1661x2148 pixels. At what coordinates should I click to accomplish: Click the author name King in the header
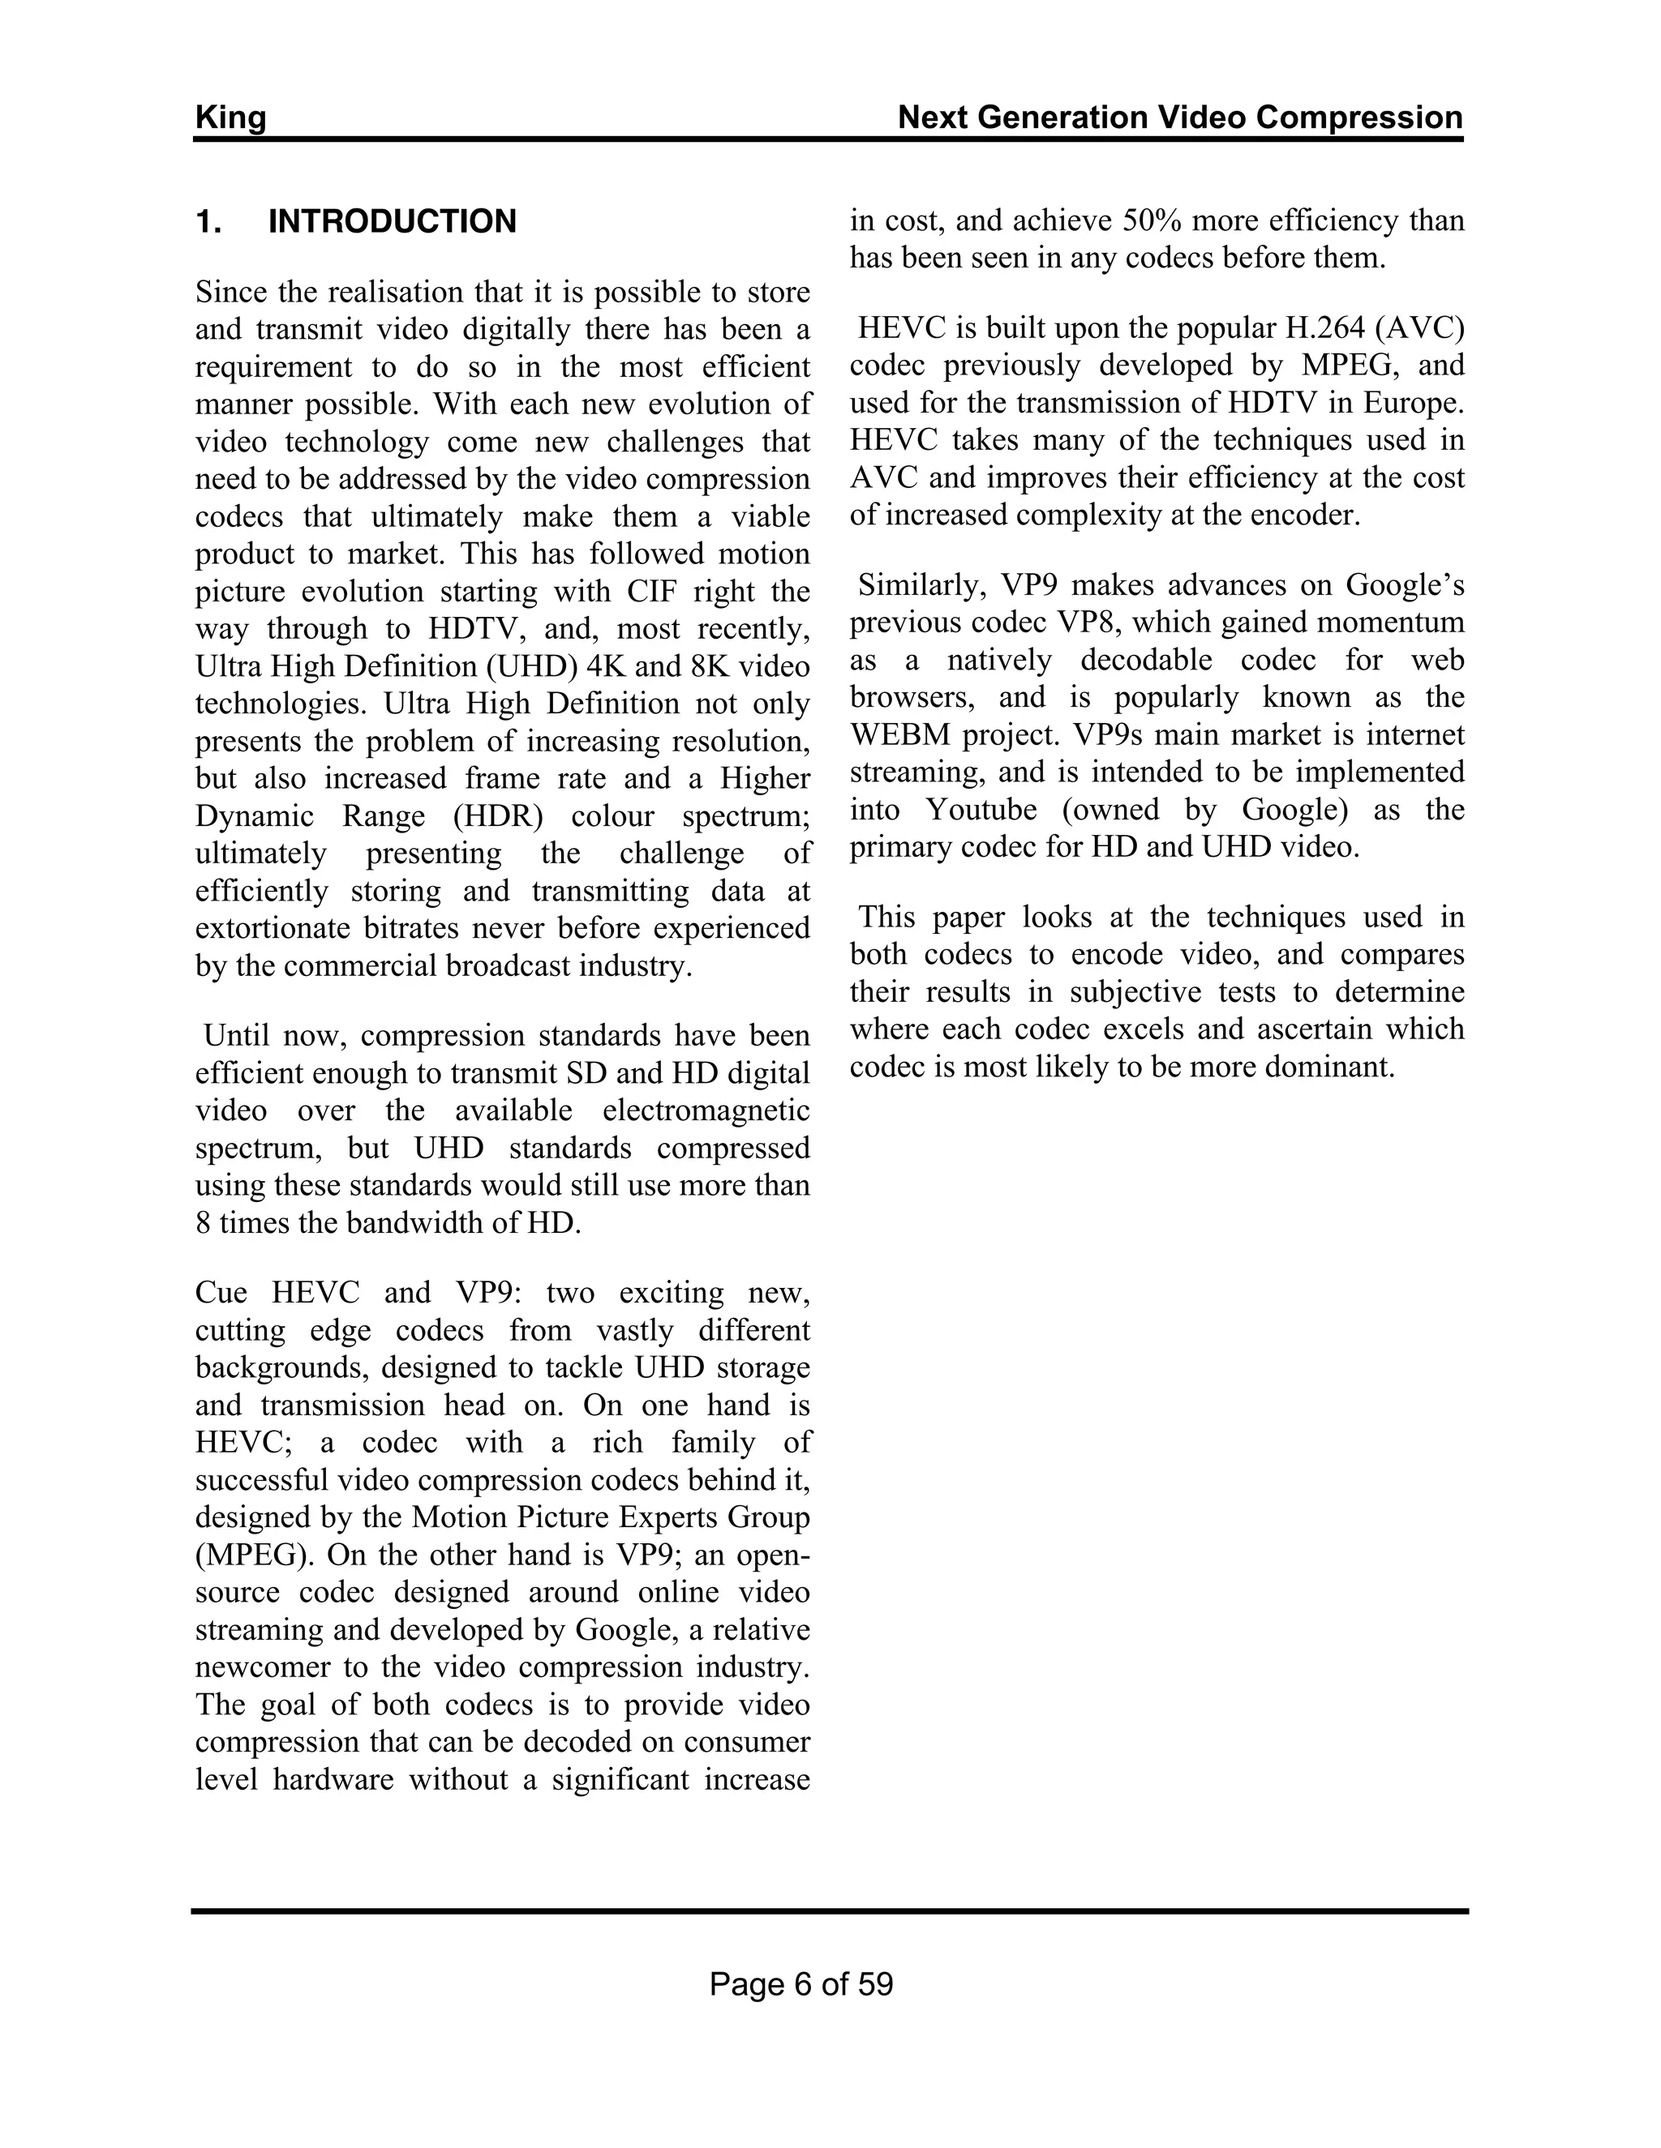(230, 118)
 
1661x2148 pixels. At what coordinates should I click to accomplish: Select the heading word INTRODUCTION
(392, 221)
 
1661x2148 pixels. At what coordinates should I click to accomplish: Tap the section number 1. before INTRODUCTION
(208, 221)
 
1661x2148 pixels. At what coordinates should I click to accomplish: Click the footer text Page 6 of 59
(801, 1983)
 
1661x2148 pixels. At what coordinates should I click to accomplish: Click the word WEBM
(900, 734)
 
